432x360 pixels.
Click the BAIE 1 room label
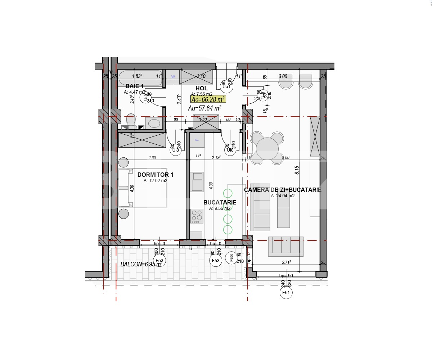pyautogui.click(x=135, y=86)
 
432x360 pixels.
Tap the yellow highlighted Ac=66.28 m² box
pyautogui.click(x=208, y=99)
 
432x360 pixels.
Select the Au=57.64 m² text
pyautogui.click(x=204, y=108)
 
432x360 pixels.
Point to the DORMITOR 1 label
pyautogui.click(x=155, y=175)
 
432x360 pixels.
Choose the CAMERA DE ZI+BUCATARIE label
pyautogui.click(x=283, y=190)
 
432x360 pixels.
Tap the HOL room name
pyautogui.click(x=202, y=88)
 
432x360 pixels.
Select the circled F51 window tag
pyautogui.click(x=286, y=293)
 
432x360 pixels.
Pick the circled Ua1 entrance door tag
pyautogui.click(x=226, y=86)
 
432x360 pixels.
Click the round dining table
pyautogui.click(x=267, y=148)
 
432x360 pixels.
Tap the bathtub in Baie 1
pyautogui.click(x=140, y=78)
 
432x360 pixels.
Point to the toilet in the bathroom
pyautogui.click(x=131, y=120)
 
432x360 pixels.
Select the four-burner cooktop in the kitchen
pyautogui.click(x=197, y=216)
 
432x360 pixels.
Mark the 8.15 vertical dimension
pyautogui.click(x=297, y=170)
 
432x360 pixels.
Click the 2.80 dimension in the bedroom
pyautogui.click(x=152, y=158)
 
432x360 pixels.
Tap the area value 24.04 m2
pyautogui.click(x=283, y=196)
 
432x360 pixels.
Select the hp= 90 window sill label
pyautogui.click(x=286, y=276)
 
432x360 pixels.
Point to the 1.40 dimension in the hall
pyautogui.click(x=203, y=120)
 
